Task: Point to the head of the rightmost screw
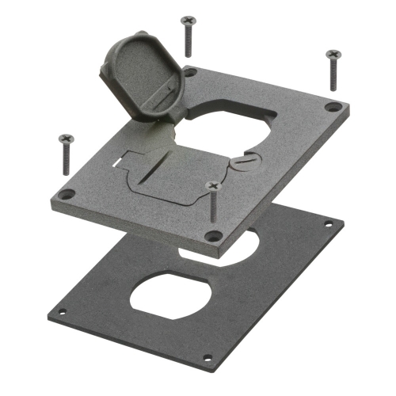(332, 54)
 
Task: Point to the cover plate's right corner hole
(333, 105)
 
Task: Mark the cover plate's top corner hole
(191, 72)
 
